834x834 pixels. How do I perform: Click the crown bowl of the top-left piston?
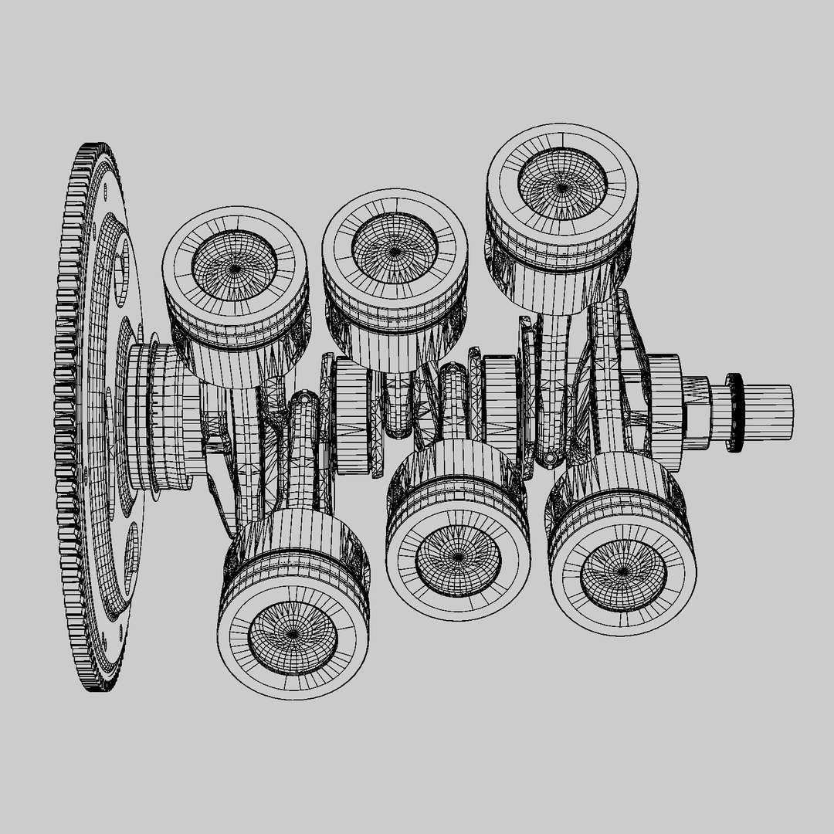click(x=234, y=266)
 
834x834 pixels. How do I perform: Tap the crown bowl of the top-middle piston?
click(x=394, y=249)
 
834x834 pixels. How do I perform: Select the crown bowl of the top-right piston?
click(x=561, y=185)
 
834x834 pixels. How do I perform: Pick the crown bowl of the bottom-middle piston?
click(x=457, y=558)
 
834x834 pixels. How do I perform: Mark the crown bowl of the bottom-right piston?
click(x=622, y=572)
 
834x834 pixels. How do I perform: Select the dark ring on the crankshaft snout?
click(x=734, y=412)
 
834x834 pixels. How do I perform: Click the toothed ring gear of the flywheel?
click(x=68, y=417)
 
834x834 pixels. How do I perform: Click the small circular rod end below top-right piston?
click(x=549, y=457)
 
